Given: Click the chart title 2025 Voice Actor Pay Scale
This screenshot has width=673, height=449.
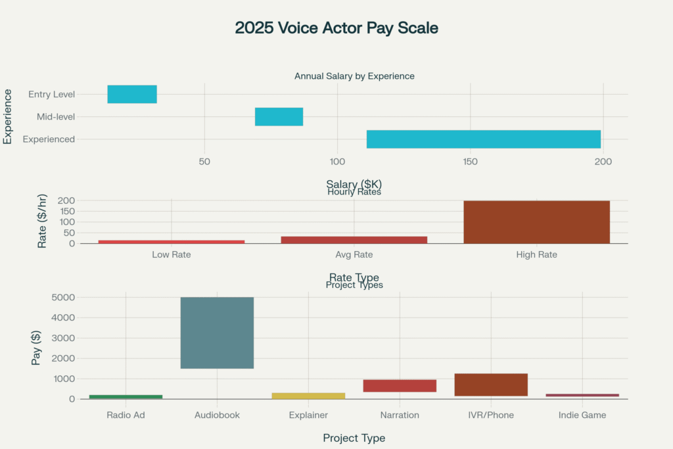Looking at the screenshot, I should point(336,28).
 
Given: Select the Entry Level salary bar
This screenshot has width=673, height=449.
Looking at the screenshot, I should point(132,94).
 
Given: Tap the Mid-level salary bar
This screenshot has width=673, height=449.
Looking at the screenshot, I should point(279,116).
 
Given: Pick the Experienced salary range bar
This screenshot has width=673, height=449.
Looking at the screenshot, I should point(484,139).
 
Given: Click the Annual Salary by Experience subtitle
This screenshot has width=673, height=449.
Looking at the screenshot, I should point(354,76).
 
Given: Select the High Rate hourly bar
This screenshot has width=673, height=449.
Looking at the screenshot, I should point(536,222).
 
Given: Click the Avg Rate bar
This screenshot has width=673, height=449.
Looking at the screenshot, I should point(354,240).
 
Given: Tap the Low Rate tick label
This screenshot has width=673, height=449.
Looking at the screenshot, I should point(171,254).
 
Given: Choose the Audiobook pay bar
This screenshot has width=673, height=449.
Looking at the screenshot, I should point(217,333).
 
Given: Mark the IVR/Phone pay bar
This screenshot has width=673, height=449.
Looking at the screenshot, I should point(491,385).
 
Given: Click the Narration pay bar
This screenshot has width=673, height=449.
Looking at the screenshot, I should point(400,386).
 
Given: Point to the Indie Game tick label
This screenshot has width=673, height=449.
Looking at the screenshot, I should point(582,415).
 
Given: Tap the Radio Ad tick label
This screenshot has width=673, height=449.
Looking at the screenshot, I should point(126,415).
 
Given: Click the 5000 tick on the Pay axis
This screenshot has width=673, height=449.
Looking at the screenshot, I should point(62,297).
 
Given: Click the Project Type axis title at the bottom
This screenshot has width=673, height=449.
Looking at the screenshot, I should point(354,438).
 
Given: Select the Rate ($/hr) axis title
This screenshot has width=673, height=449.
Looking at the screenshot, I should point(42,221).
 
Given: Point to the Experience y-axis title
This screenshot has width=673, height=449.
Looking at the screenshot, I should point(8,116).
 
